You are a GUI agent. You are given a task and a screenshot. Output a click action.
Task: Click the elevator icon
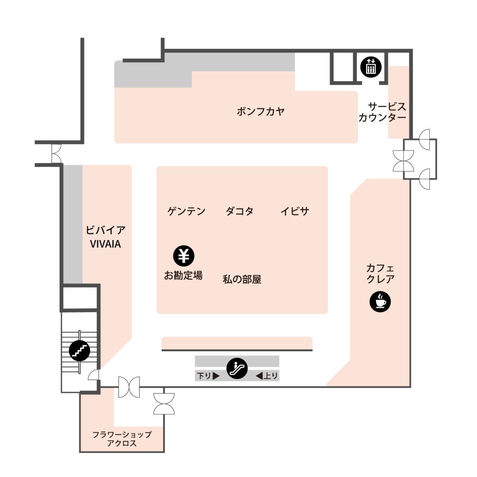click(x=370, y=67)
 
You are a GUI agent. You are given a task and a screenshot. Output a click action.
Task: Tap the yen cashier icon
click(x=184, y=256)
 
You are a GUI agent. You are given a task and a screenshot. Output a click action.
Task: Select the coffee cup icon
click(x=380, y=301)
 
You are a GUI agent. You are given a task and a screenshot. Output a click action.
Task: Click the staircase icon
click(x=79, y=350)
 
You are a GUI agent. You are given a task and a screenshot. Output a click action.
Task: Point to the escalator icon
click(x=237, y=368)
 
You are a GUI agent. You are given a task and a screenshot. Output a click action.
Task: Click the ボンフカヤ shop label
click(x=261, y=111)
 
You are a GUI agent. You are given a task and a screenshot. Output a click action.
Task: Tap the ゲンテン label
click(x=186, y=211)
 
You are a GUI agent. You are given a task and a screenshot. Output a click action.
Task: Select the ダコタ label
click(x=239, y=211)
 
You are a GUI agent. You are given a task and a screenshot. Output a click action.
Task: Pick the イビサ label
click(x=295, y=211)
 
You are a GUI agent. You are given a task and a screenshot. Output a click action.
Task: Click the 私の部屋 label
click(x=242, y=279)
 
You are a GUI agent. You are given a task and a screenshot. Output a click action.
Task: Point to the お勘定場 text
click(x=183, y=275)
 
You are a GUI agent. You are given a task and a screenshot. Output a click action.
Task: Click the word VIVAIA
click(x=105, y=244)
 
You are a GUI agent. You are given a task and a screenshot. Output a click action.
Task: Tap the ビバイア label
click(x=106, y=230)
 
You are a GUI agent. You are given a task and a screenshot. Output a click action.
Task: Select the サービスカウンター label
click(x=382, y=112)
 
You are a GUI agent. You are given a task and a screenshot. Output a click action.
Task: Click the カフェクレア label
click(x=380, y=273)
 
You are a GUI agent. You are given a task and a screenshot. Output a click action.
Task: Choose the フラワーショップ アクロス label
click(x=122, y=439)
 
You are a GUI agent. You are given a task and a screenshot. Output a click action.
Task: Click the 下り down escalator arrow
click(x=216, y=376)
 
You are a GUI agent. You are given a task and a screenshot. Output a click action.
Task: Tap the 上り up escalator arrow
click(x=259, y=376)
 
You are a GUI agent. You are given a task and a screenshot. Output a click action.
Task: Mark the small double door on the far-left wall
click(x=56, y=154)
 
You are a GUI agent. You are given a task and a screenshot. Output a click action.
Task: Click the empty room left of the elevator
click(x=343, y=67)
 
